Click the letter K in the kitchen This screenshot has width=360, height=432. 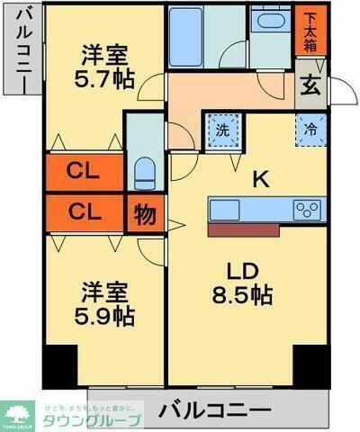coord(260,179)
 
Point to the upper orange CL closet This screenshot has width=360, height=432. coord(85,171)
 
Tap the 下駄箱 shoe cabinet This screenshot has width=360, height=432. coord(308,30)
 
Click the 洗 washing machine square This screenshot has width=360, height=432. coord(222,129)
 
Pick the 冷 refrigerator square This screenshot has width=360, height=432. coord(310,128)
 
